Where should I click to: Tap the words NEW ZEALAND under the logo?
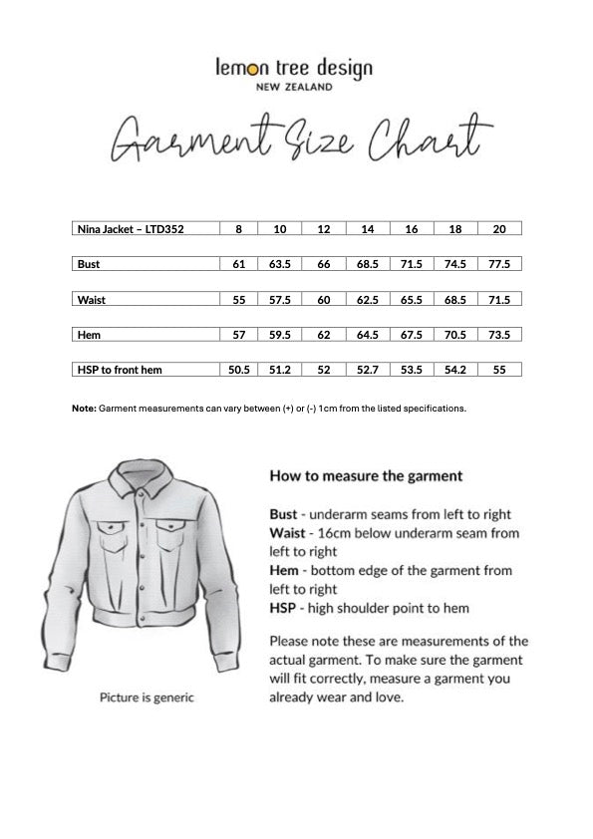(295, 87)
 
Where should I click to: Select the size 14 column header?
(368, 229)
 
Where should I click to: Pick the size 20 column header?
(499, 229)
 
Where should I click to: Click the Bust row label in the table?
(89, 264)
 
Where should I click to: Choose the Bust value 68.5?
(368, 264)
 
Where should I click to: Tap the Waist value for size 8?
(238, 299)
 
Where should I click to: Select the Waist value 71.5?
(499, 299)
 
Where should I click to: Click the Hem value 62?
(324, 335)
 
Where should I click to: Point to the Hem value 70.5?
(455, 335)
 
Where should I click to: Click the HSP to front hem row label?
(120, 370)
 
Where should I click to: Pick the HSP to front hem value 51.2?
(280, 370)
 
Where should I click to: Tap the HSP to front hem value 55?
(499, 370)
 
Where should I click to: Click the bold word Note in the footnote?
(84, 409)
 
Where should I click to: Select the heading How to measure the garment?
(366, 476)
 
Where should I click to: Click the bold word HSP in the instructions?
(283, 607)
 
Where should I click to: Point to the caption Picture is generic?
(147, 698)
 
